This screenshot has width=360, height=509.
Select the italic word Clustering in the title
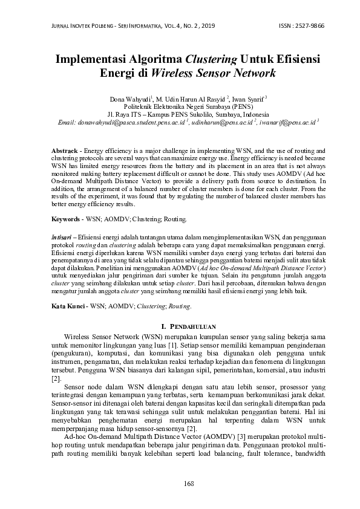[x=212, y=59]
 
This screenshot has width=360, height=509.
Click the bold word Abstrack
[x=66, y=149]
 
